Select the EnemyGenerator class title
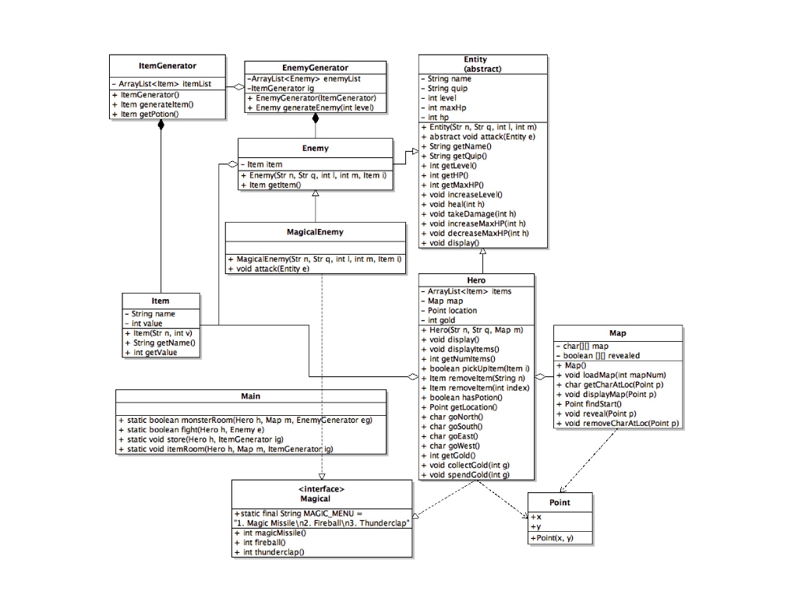click(315, 68)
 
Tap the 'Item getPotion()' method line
click(149, 114)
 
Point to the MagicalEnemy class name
click(315, 231)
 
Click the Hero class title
click(476, 280)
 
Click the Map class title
click(617, 333)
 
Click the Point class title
click(560, 502)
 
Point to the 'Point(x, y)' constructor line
click(551, 538)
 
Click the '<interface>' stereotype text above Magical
click(321, 489)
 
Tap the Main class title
click(251, 396)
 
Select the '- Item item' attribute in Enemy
click(265, 164)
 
